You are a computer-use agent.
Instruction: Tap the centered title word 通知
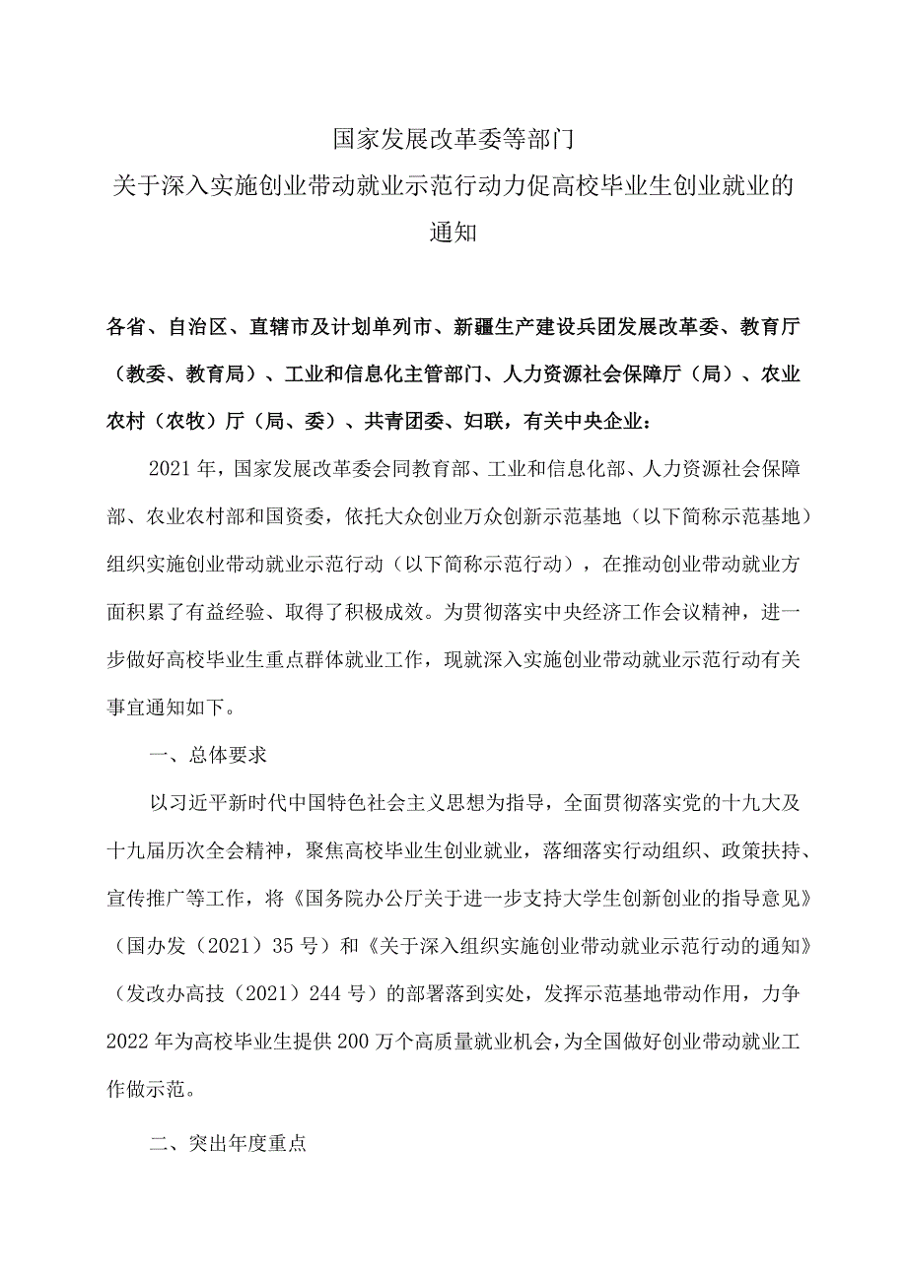click(453, 234)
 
